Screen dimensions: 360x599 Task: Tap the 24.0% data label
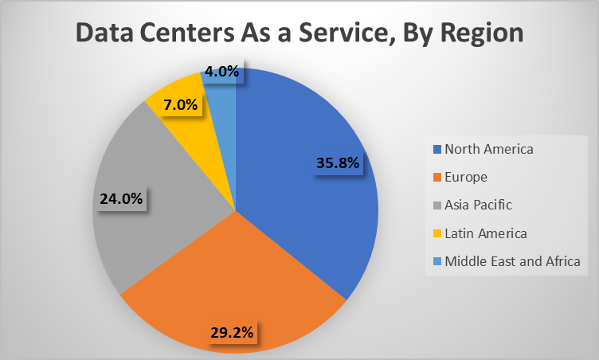click(121, 199)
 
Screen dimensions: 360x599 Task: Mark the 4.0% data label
click(221, 72)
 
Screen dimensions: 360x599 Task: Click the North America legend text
click(489, 149)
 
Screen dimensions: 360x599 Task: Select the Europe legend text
click(466, 177)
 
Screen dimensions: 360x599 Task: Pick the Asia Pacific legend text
click(478, 205)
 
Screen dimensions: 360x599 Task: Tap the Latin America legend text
click(485, 233)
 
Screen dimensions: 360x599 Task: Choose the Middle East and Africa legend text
click(512, 260)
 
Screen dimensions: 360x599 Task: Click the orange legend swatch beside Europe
click(436, 178)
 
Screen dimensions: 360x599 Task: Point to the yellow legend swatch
click(436, 233)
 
